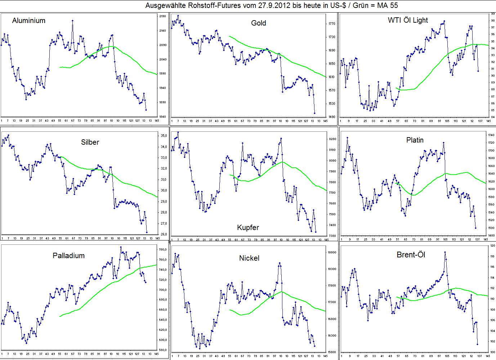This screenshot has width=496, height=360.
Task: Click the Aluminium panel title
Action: [29, 21]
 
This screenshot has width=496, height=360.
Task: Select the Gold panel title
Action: [258, 23]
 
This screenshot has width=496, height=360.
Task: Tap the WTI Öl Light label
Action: [408, 20]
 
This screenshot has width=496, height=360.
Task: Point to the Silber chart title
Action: [90, 142]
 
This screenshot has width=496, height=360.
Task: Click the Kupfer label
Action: [248, 228]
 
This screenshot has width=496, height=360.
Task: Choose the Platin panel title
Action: [415, 140]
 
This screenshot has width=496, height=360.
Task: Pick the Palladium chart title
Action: [68, 256]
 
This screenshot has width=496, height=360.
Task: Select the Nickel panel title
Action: [249, 258]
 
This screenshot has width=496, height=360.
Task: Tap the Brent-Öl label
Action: [411, 255]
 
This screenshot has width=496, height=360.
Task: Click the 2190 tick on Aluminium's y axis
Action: [162, 17]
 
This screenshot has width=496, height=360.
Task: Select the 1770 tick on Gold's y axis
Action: [332, 24]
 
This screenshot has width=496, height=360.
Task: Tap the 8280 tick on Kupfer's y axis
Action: [332, 139]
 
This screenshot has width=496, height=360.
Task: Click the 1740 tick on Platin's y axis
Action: [491, 135]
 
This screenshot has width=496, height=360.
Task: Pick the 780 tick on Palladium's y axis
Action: [162, 249]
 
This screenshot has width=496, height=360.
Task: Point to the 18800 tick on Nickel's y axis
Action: [332, 252]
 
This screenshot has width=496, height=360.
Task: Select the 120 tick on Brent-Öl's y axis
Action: [492, 246]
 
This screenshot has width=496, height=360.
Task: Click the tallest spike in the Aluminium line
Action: [72, 21]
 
